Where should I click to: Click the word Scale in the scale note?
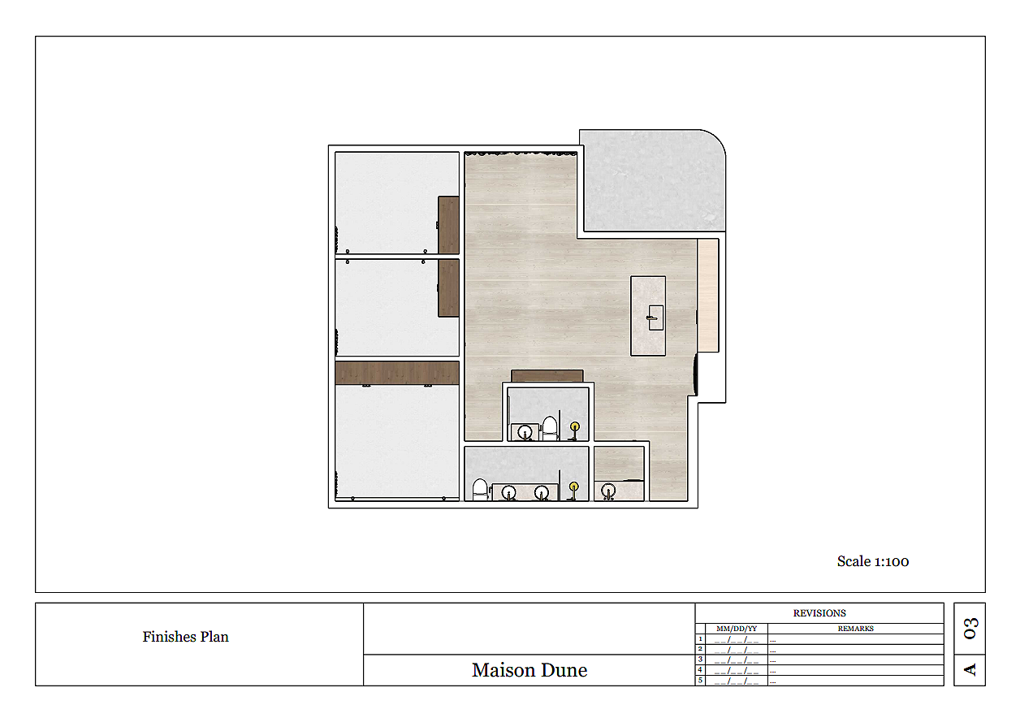tap(854, 561)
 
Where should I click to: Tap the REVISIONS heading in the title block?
tap(819, 613)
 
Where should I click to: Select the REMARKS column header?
tap(856, 629)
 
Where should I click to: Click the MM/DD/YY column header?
tap(737, 629)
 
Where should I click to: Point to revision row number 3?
tap(700, 660)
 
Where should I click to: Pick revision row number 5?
tap(700, 681)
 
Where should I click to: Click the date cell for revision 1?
tap(737, 640)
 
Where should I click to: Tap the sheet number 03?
tap(970, 629)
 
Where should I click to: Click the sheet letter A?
tap(970, 670)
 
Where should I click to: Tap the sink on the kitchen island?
tap(655, 318)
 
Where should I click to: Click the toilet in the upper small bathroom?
tap(550, 428)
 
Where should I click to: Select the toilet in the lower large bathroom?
tap(480, 490)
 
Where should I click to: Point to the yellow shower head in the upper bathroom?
tap(575, 426)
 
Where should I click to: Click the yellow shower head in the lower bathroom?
tap(573, 487)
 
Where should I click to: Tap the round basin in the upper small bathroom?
tap(525, 432)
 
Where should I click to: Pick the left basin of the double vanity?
tap(508, 492)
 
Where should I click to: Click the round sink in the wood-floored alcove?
tap(608, 491)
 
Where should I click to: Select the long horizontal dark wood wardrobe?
tap(397, 373)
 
